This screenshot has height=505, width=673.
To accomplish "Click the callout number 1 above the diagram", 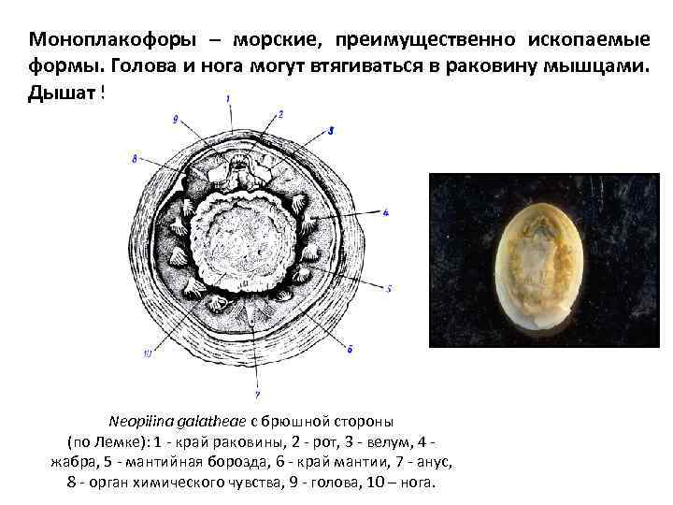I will (230, 98).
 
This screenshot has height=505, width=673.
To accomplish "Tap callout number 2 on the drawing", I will (280, 114).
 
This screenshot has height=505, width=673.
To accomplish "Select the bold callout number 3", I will (331, 129).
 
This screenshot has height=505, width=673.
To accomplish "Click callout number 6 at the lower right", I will (350, 349).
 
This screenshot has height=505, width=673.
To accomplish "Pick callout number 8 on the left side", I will (135, 159).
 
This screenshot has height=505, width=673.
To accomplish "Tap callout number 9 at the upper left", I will (176, 118).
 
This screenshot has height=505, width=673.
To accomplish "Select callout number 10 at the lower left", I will (148, 353).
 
